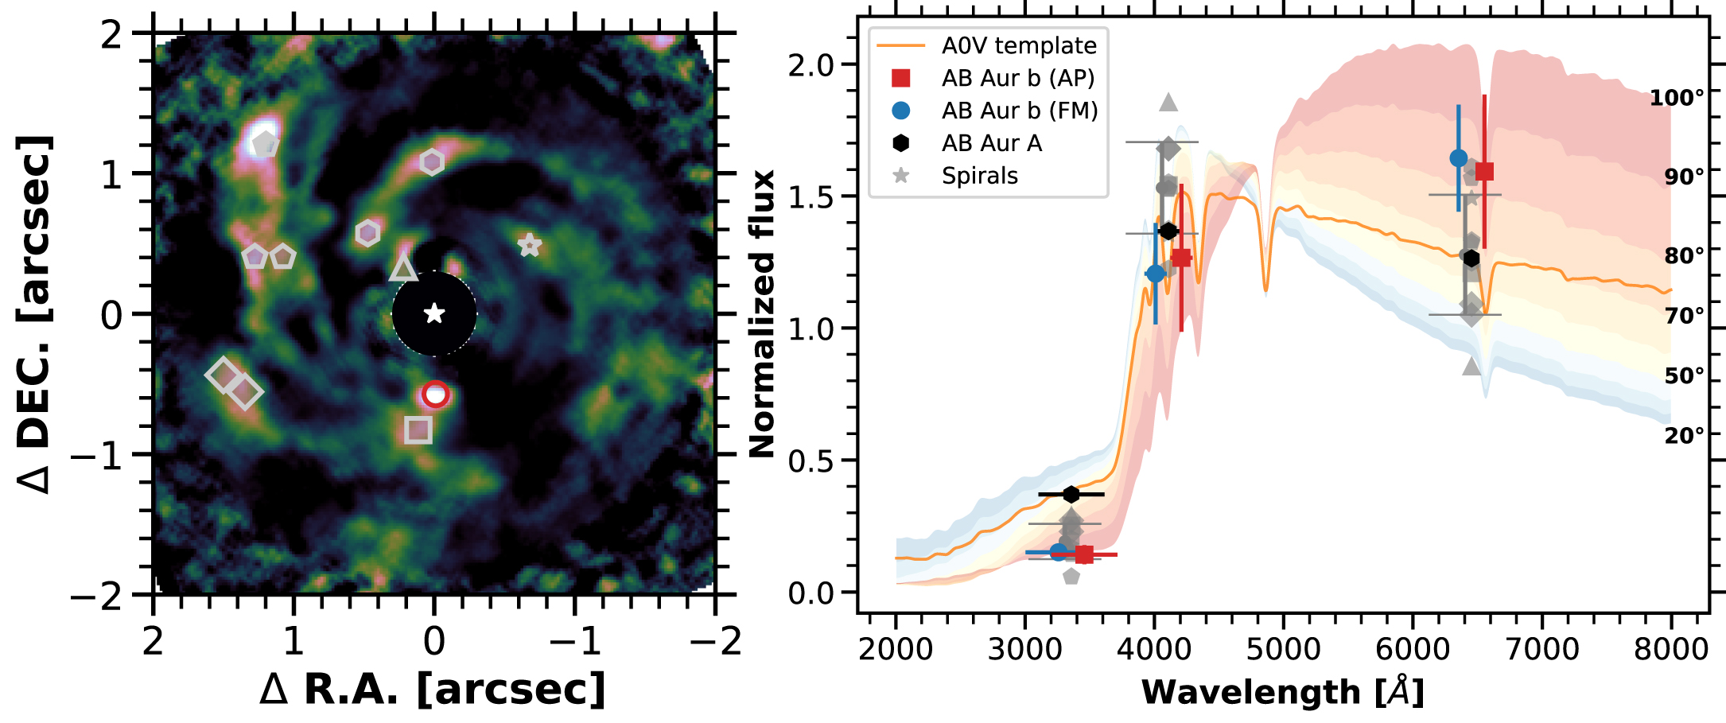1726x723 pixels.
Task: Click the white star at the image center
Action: tap(434, 313)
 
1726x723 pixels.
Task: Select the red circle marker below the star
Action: tap(436, 394)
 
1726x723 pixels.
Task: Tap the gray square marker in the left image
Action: tap(418, 430)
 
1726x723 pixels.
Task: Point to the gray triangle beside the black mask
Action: tap(403, 268)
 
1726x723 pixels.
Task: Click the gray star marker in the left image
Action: tap(530, 245)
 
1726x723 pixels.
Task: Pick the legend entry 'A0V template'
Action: tap(1018, 45)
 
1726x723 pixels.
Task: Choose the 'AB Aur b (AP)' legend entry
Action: tap(1018, 78)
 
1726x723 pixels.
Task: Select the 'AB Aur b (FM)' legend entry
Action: tap(1020, 111)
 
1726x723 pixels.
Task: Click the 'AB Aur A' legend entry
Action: tap(991, 143)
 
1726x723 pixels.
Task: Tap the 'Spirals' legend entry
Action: tap(979, 176)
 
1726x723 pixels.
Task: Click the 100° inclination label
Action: tap(1677, 98)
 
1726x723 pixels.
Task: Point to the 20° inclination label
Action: tap(1685, 435)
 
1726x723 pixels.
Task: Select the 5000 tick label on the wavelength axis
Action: tap(1283, 649)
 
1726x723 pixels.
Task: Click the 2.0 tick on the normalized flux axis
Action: tap(811, 64)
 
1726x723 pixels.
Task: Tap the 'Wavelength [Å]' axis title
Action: tap(1282, 692)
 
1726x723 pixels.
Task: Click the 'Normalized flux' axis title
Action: tap(762, 313)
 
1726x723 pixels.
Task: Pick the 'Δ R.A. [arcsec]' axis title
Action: tap(433, 689)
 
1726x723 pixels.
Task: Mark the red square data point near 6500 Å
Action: tap(1484, 172)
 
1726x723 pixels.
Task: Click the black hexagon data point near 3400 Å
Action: tap(1071, 495)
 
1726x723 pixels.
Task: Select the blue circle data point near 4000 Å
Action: tap(1155, 274)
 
